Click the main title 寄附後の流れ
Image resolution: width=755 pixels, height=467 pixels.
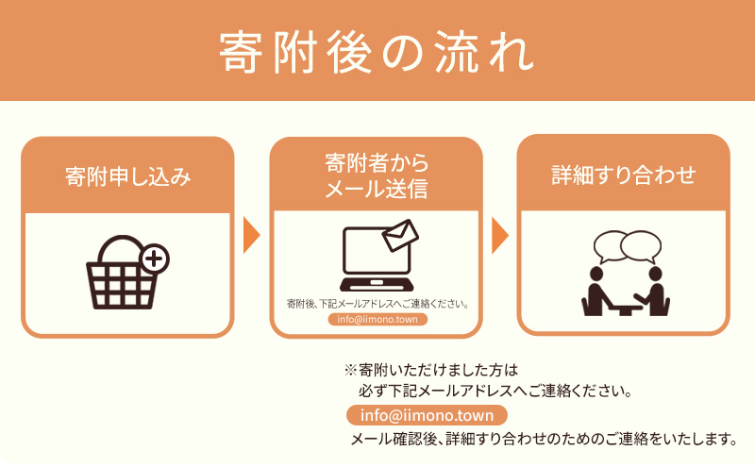[377, 51]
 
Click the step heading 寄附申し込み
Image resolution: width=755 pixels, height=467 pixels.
[127, 175]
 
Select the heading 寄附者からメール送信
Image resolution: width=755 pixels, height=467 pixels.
[377, 175]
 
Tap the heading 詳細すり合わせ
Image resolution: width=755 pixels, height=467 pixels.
[624, 175]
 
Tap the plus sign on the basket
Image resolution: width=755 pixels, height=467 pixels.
[153, 257]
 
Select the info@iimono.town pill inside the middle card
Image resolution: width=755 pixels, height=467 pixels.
[377, 320]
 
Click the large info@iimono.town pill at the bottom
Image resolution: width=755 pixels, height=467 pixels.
[428, 415]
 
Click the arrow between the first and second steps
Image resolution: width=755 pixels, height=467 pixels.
[251, 236]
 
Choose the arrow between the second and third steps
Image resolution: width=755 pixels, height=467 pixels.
[500, 236]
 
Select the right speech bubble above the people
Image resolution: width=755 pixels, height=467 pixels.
[640, 245]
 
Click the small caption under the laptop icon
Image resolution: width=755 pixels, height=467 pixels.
[377, 304]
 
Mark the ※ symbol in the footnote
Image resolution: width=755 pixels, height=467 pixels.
[349, 371]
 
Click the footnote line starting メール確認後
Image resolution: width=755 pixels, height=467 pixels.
[543, 439]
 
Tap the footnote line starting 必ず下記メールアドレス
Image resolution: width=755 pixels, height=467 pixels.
[495, 390]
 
